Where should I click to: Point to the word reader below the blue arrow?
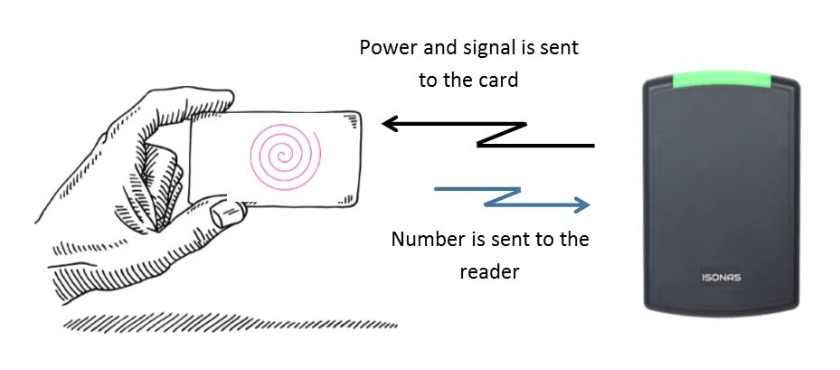[x=489, y=271]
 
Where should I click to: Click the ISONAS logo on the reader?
[x=722, y=277]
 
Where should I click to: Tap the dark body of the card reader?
[x=722, y=181]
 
